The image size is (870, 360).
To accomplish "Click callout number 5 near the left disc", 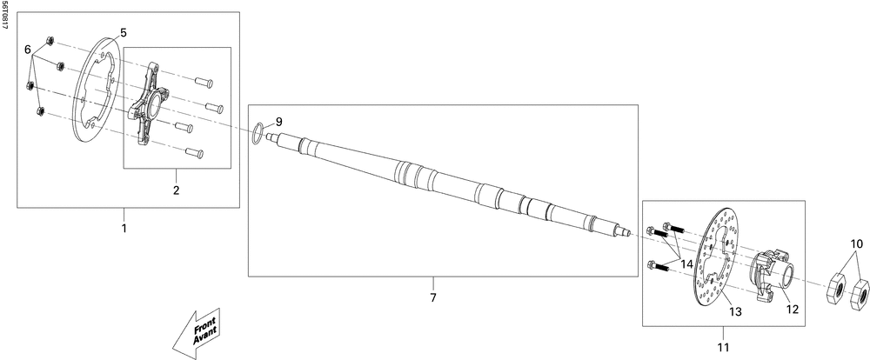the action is pos(124,32).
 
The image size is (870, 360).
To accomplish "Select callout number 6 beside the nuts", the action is pos(28,50).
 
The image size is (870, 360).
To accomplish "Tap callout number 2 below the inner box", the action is pos(177,190).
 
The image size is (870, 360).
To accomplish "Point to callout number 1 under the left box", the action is pos(124,228).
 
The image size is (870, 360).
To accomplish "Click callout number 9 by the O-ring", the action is pos(279,121).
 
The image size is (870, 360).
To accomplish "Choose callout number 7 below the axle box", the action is pos(432,297).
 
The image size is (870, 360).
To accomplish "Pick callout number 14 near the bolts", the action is pos(687,264).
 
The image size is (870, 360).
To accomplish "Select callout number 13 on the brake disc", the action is pos(735,312).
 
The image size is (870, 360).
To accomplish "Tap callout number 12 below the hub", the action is pos(793,309).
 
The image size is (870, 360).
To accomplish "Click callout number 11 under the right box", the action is pos(724,348).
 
